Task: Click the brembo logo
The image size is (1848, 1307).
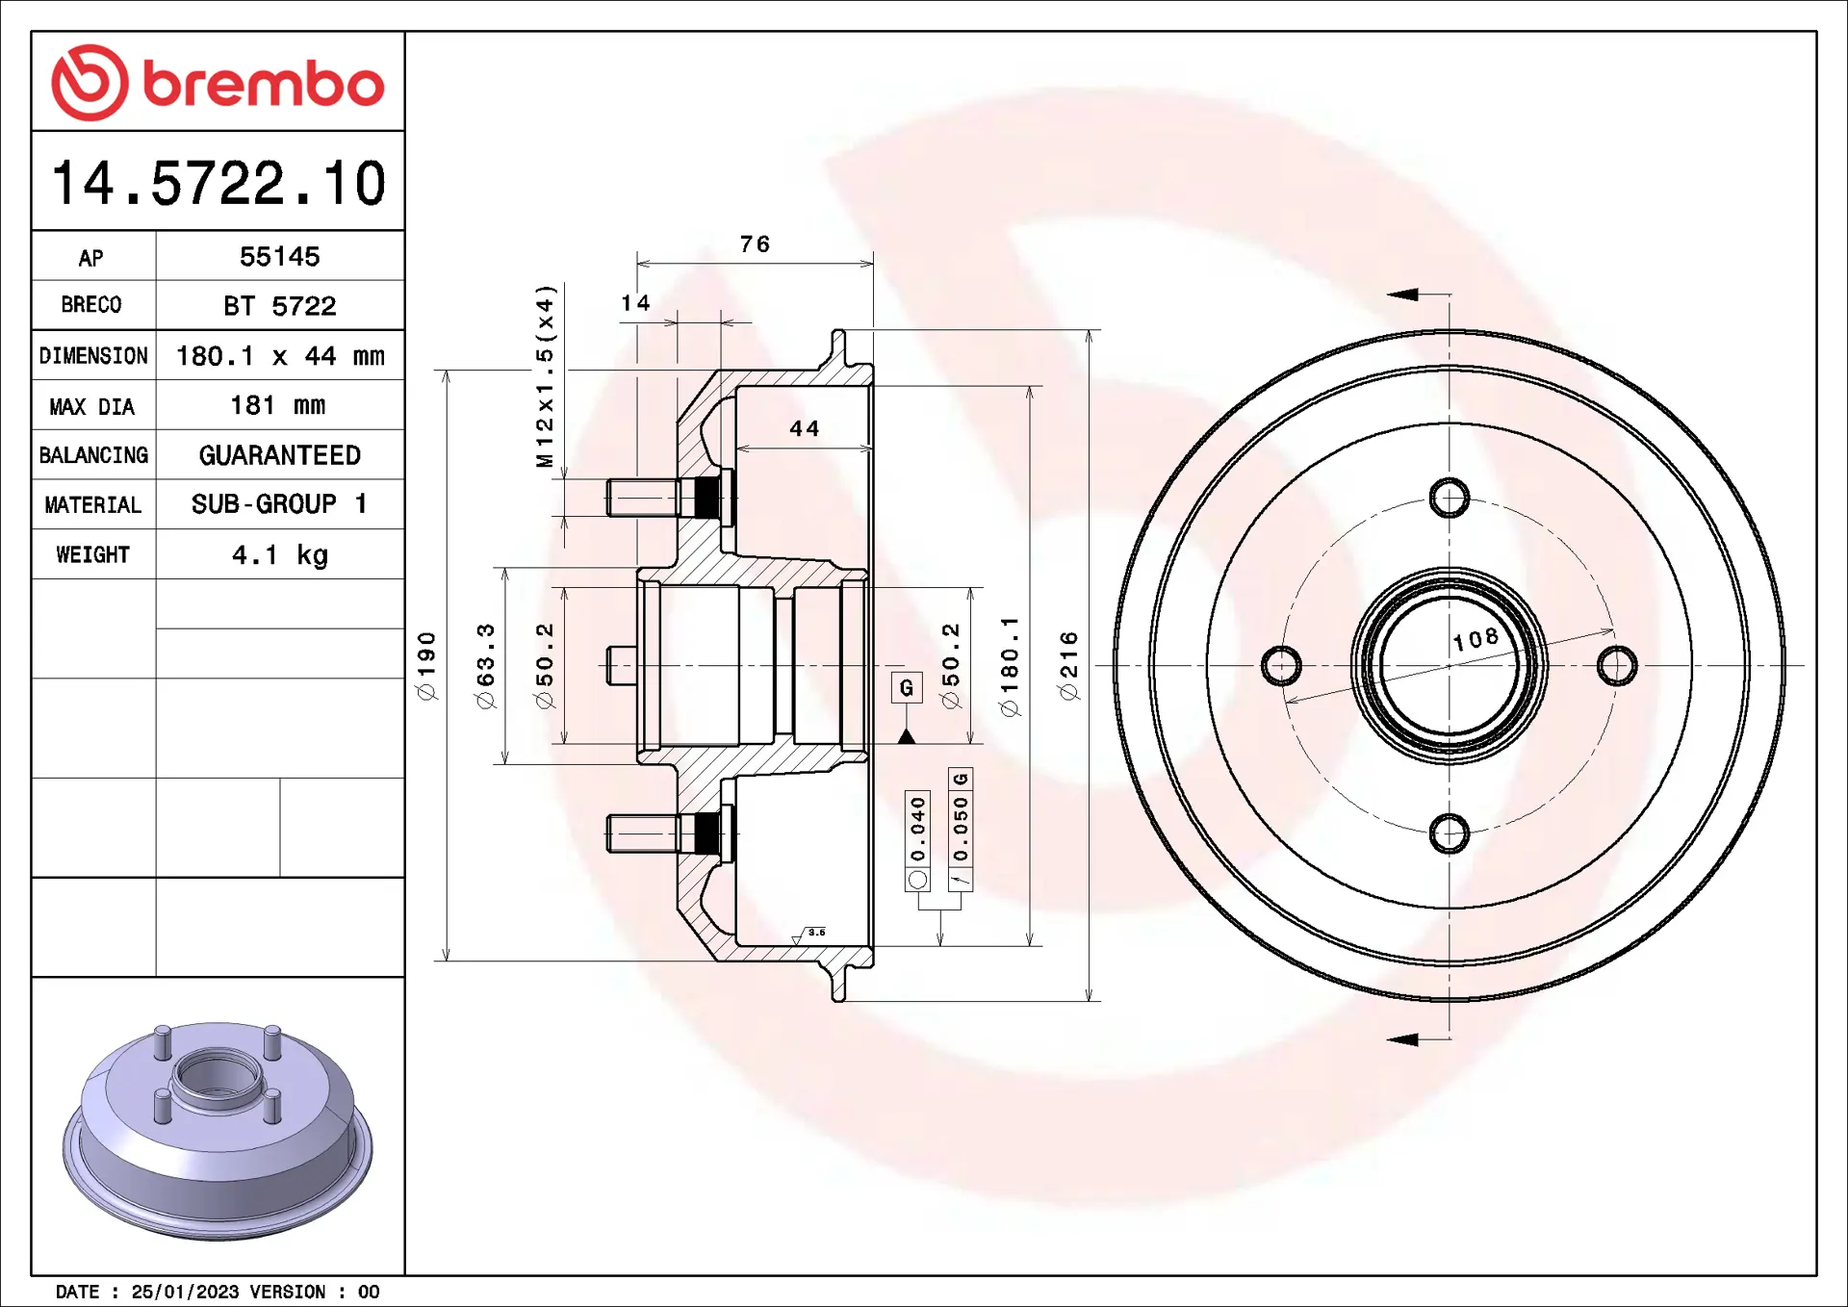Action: tap(218, 83)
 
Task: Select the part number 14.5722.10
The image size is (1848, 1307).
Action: tap(218, 183)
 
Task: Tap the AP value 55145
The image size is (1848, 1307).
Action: tap(279, 257)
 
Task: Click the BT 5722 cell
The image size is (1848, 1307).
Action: tap(279, 306)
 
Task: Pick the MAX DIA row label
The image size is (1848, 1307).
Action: tap(92, 406)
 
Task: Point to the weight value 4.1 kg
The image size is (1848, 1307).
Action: tap(279, 555)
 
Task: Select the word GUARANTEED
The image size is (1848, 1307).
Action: tap(279, 455)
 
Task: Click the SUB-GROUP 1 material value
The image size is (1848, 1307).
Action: tap(279, 504)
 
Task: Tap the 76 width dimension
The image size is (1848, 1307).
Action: tap(755, 244)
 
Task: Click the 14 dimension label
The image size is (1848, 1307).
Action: tap(635, 303)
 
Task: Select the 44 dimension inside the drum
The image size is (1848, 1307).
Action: tap(805, 429)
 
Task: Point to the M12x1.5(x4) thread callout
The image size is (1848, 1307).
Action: tap(546, 375)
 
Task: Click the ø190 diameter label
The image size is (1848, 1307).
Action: tap(426, 665)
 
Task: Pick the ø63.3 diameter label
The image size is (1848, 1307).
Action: tap(485, 665)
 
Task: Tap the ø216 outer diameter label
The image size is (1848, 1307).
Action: tap(1068, 665)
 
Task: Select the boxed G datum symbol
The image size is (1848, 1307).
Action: tap(906, 687)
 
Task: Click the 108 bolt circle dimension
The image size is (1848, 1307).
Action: tap(1476, 639)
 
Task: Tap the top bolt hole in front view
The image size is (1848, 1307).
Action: tap(1449, 498)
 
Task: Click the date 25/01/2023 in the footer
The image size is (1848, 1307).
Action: tap(185, 1292)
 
